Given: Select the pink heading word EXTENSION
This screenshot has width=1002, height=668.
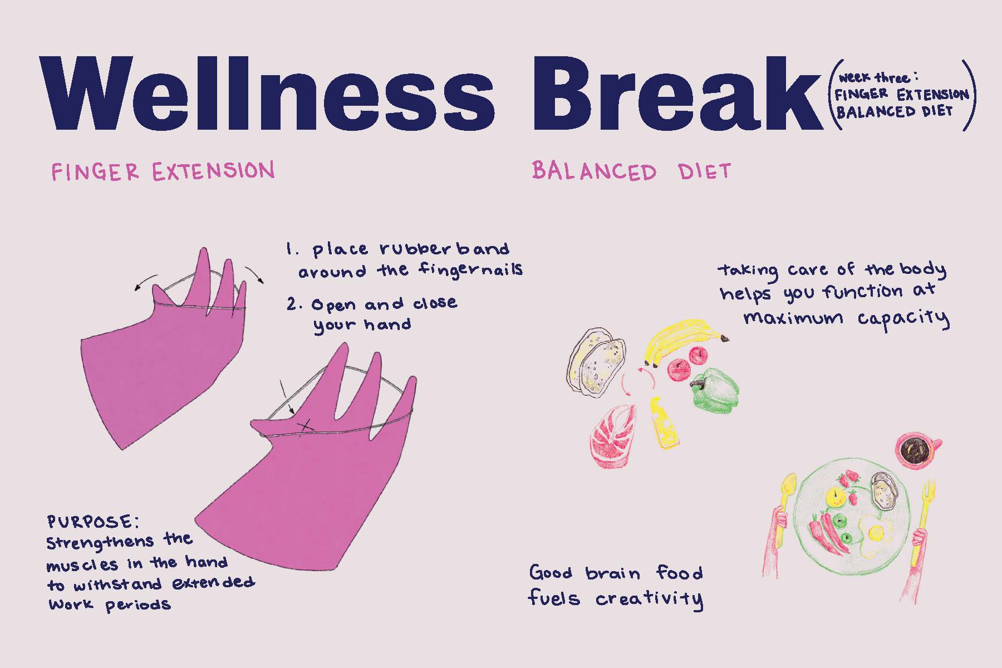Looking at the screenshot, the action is pyautogui.click(x=213, y=171).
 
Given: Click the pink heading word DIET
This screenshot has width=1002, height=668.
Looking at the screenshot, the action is pyautogui.click(x=704, y=171).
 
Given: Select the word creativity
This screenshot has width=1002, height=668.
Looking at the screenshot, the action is pyautogui.click(x=649, y=600).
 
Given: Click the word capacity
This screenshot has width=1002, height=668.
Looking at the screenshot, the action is pyautogui.click(x=903, y=318).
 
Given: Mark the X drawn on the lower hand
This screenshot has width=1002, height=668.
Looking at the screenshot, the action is pyautogui.click(x=304, y=427).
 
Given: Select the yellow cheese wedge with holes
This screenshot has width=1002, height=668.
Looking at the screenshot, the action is pyautogui.click(x=664, y=423).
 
